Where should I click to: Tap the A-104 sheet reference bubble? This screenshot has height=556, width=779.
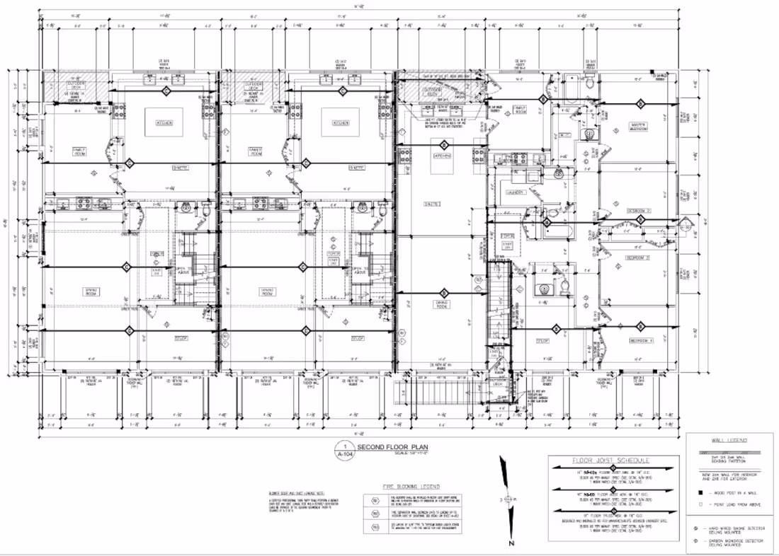[345, 451]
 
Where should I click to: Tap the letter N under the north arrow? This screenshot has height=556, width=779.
[509, 544]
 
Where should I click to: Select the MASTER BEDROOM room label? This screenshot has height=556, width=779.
[641, 127]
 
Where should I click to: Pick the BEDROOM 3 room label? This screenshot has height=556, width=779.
[638, 257]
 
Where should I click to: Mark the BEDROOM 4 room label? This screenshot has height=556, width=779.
[640, 341]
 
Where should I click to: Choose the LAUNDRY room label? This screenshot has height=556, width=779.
[514, 192]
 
